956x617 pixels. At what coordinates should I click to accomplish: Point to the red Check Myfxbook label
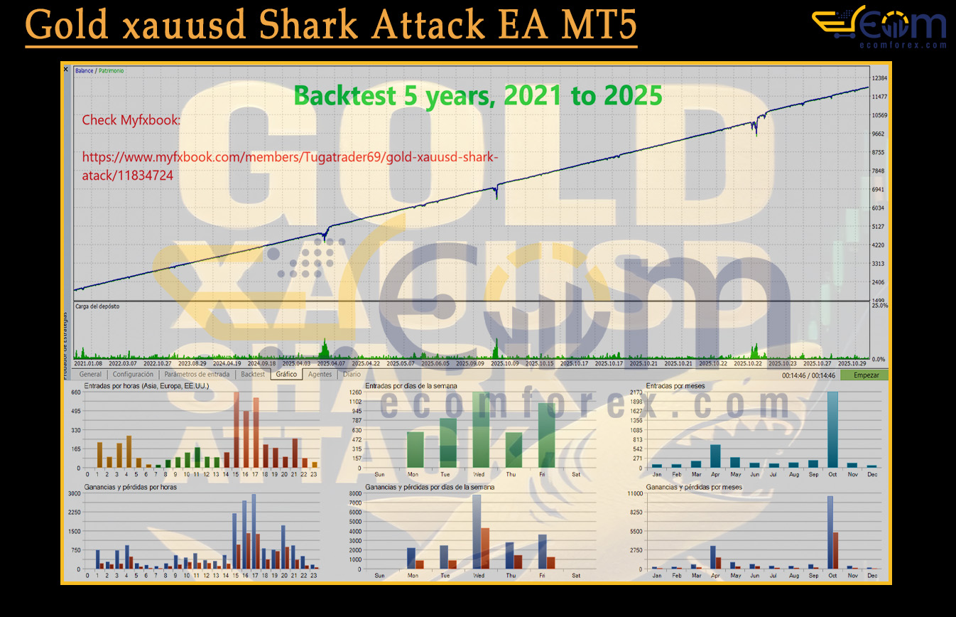131,120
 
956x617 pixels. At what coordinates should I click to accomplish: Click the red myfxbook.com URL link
295,166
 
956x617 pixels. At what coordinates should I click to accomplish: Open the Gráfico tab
286,375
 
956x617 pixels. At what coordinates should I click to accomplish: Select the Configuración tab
133,375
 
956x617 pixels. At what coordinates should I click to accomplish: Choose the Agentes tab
320,375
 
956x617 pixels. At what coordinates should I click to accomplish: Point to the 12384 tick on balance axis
881,78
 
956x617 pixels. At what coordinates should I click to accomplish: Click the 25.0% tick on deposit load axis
879,306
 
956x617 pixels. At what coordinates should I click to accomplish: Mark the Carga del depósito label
97,306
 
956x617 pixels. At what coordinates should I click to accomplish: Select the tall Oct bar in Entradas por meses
832,429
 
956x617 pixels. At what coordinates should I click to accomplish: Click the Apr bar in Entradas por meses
715,456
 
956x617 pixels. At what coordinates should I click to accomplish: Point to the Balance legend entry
85,71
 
